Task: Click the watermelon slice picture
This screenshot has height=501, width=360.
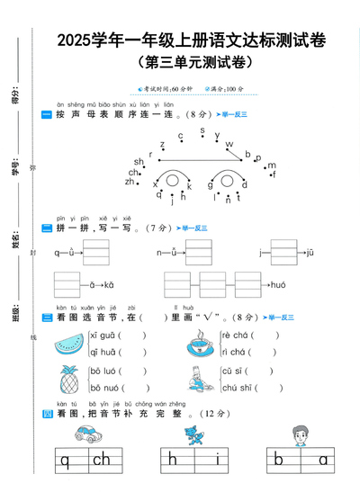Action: (x=67, y=345)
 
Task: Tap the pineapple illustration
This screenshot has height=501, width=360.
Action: (x=68, y=380)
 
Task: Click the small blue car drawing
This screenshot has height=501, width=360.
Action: (x=89, y=434)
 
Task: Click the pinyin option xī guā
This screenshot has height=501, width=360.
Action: (x=102, y=336)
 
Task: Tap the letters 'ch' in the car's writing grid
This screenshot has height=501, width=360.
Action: (x=101, y=461)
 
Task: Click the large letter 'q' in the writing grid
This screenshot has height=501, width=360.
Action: (x=65, y=461)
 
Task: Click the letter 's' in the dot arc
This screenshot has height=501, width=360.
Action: (x=202, y=132)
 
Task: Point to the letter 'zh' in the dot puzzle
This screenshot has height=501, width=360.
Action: (x=130, y=182)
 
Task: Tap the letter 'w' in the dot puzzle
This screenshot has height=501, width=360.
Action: (x=229, y=144)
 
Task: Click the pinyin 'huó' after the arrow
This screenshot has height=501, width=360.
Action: (x=278, y=285)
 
